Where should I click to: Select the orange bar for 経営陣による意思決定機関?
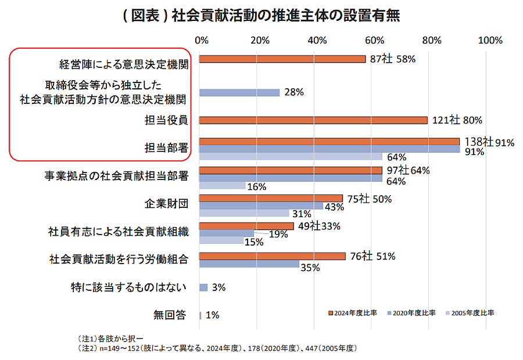(282, 59)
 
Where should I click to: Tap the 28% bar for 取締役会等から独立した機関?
(239, 92)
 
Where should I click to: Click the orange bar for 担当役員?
(314, 120)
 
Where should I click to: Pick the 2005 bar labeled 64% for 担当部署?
(291, 157)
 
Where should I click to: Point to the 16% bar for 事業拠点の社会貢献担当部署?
(222, 186)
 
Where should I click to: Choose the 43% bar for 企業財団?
(261, 206)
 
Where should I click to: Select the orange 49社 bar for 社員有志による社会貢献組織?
(246, 226)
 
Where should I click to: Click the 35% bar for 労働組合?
(249, 264)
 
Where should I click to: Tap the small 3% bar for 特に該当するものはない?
(203, 287)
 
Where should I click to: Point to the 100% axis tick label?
(489, 40)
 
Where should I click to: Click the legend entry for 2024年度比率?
(353, 313)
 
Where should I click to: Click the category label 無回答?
(170, 315)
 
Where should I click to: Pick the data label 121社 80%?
(457, 120)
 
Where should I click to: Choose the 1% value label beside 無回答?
(212, 315)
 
